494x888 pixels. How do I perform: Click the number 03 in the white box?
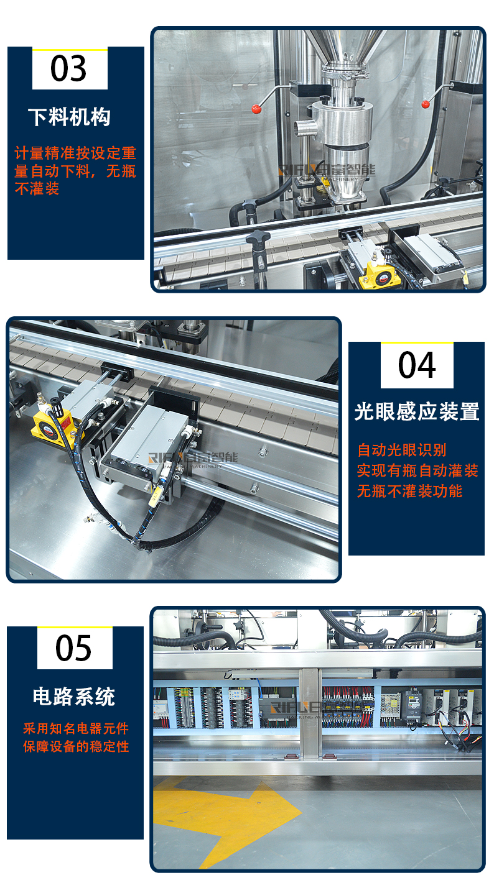tap(68, 68)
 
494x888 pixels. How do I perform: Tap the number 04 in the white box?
tap(417, 365)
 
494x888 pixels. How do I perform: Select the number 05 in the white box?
tap(73, 648)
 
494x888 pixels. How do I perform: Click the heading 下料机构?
tap(69, 117)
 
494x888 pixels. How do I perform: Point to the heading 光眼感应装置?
tap(417, 411)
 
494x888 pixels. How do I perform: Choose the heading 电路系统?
tap(74, 697)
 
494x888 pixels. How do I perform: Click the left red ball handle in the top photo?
tap(256, 108)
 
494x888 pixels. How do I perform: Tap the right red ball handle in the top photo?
tap(426, 104)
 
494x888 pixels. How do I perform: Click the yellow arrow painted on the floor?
tap(226, 821)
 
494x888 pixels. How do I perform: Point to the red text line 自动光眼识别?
tap(402, 450)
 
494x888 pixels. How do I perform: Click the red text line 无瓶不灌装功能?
tap(409, 491)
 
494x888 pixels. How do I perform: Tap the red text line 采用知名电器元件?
tap(76, 728)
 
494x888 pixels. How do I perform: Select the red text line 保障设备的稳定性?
tap(76, 746)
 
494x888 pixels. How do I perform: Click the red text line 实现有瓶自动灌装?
tap(417, 470)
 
